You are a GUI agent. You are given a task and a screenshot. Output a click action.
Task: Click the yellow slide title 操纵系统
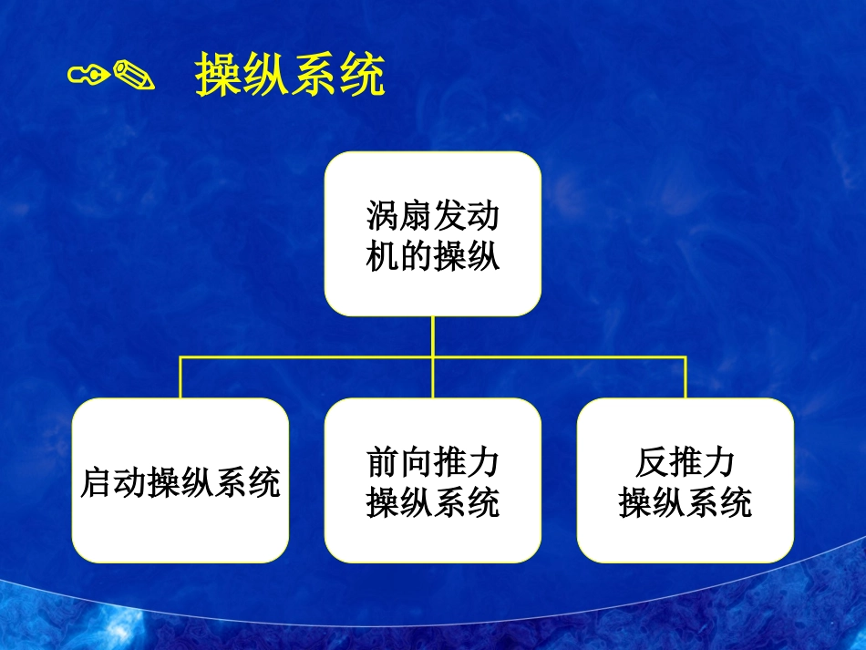click(290, 76)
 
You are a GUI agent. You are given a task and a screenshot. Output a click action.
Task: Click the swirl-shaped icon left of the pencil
click(90, 74)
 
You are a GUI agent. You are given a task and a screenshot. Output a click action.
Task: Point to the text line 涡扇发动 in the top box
click(433, 217)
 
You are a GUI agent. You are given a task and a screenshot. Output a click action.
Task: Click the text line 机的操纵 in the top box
click(433, 256)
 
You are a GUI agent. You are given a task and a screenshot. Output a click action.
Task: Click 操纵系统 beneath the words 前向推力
click(433, 502)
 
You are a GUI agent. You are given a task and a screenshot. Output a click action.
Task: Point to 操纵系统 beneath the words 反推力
click(686, 502)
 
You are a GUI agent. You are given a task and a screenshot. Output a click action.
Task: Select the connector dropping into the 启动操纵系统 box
click(180, 378)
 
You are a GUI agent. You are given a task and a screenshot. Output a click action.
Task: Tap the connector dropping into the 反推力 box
click(686, 378)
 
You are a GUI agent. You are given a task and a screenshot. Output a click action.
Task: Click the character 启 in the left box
click(94, 482)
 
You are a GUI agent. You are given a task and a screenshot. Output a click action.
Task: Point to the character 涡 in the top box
click(383, 217)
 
